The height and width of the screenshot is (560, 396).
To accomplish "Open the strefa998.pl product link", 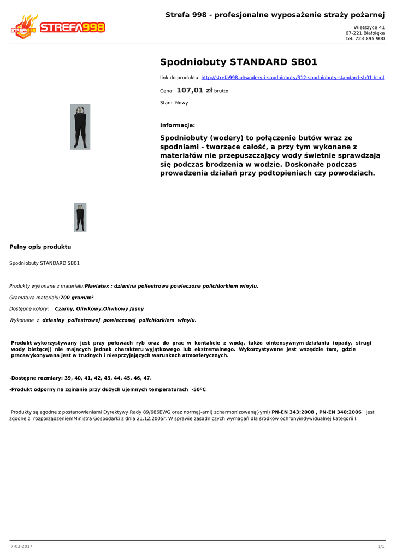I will (293, 78).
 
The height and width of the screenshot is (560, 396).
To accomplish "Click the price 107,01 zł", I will (194, 90).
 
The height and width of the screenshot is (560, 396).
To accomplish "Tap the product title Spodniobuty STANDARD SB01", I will (239, 62).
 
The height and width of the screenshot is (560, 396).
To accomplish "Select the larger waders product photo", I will (80, 127).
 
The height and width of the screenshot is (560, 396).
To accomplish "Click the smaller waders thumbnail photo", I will (80, 217).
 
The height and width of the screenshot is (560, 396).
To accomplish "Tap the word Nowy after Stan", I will (181, 103).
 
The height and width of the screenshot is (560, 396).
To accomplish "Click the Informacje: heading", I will (178, 125).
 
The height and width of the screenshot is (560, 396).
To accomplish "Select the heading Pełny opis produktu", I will (40, 247).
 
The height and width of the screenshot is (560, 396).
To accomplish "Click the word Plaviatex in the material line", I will (97, 286).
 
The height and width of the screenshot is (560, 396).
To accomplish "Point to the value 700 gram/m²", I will (77, 297).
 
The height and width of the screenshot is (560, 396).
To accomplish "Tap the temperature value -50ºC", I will (198, 389).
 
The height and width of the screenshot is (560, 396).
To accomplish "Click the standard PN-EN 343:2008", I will (293, 412).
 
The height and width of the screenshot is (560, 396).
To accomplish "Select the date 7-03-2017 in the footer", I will (22, 546).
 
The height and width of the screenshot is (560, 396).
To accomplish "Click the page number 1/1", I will (381, 546).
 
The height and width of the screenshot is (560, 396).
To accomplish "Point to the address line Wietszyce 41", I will (369, 27).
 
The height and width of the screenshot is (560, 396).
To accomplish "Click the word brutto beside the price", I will (221, 91).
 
